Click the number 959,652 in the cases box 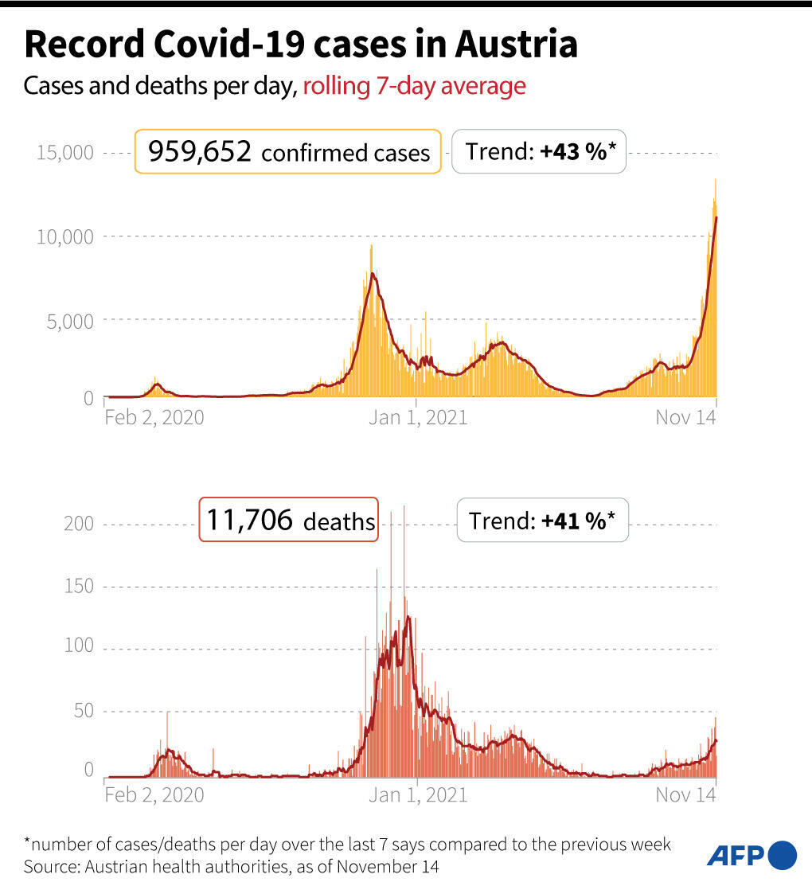tap(195, 150)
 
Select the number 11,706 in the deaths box tap(250, 520)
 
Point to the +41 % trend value tap(574, 521)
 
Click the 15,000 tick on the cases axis tap(65, 152)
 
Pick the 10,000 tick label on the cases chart tap(65, 236)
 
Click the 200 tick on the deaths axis tap(79, 524)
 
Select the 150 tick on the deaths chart tap(79, 587)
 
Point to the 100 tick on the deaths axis tap(79, 646)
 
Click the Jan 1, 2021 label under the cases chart tap(417, 417)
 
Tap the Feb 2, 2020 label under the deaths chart tap(154, 794)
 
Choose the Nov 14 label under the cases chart tap(685, 417)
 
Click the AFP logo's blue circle tap(783, 855)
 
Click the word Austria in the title tap(516, 45)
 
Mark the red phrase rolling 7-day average tap(414, 86)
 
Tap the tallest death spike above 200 tap(404, 508)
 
